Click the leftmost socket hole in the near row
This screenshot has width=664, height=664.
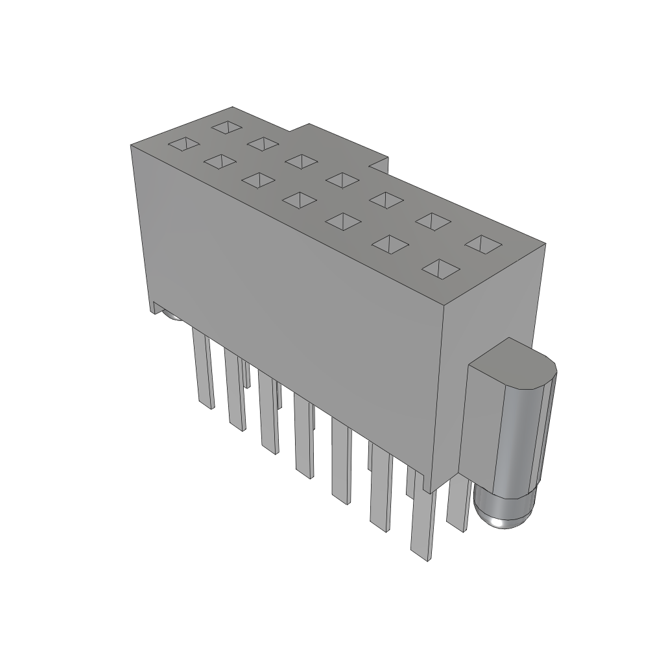(x=184, y=145)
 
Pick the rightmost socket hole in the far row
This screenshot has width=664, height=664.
(x=483, y=244)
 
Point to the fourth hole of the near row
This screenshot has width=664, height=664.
(x=298, y=200)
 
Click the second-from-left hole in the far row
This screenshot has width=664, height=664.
(x=263, y=143)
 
